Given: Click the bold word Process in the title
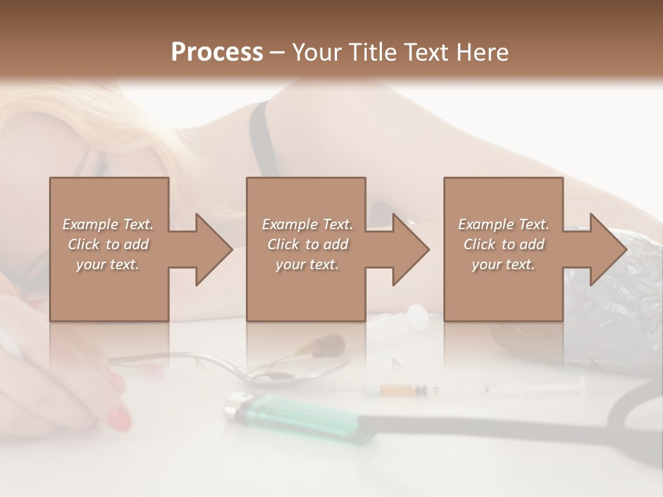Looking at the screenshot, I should coord(217,52).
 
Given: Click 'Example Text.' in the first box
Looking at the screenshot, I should coord(108,224).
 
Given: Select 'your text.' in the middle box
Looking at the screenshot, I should coord(307,264).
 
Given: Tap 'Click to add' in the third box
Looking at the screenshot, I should coord(504,244).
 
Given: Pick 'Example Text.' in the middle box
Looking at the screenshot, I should coord(307,224).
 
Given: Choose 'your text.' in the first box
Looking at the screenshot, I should coord(108,264).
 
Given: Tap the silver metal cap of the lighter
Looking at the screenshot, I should coord(239,407).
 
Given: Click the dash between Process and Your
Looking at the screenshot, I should coord(277,52).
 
